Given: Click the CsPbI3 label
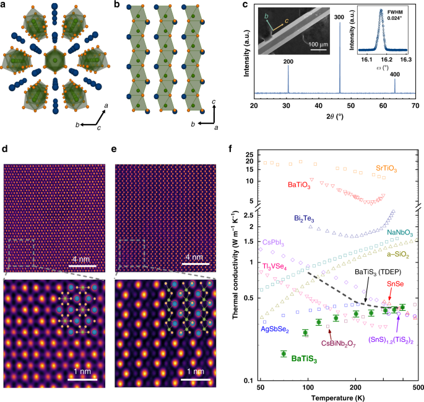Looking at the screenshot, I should point(274,242).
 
